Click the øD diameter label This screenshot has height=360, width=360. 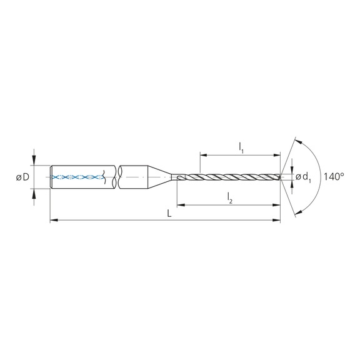click(22, 177)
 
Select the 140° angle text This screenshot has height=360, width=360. click(334, 177)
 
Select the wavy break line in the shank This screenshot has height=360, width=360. click(116, 177)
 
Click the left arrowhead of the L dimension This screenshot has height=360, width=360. click(52, 220)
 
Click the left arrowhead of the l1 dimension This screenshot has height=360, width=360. click(203, 154)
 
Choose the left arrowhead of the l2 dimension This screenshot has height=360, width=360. click(181, 204)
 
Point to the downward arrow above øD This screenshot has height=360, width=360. click(34, 159)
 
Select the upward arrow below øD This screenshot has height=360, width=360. click(34, 195)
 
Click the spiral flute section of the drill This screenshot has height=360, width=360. click(231, 177)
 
